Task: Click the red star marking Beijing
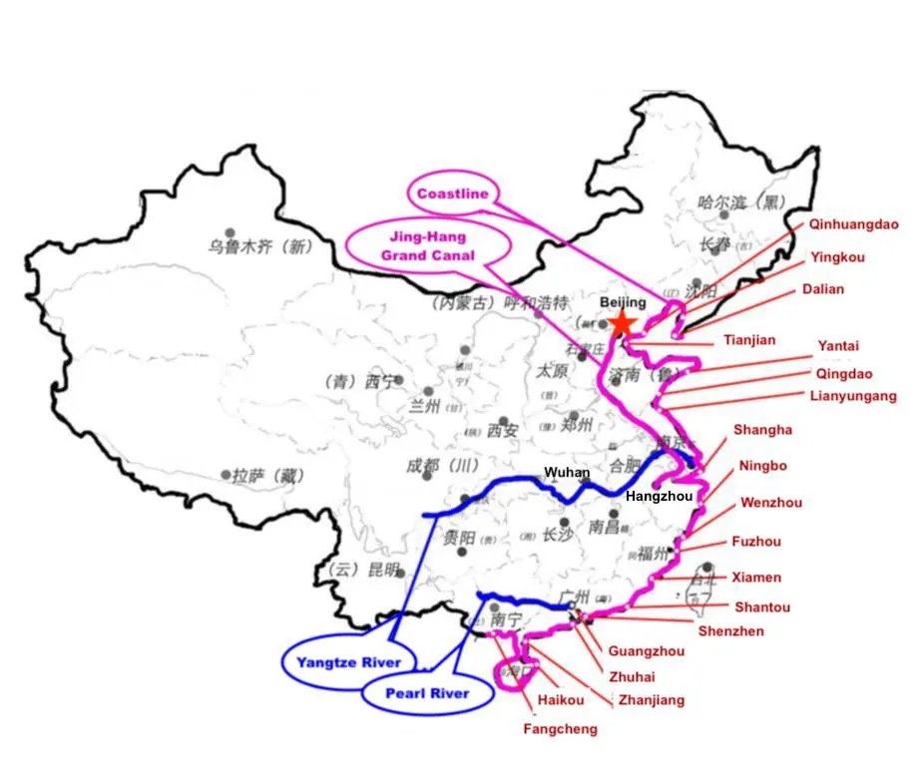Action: pos(623,322)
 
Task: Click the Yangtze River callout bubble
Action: pos(348,662)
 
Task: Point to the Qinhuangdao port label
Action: pos(853,224)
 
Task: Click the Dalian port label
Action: pos(822,289)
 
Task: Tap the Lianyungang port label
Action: pos(853,396)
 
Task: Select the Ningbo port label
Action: pos(762,466)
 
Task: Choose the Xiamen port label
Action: pos(756,578)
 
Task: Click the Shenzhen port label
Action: pos(730,631)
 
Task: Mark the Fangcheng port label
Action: pos(560,729)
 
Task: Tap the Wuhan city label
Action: pos(566,473)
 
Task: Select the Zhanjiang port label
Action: pos(651,700)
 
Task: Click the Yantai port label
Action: pos(838,346)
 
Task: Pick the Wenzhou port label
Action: pos(770,503)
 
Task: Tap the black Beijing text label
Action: pos(624,302)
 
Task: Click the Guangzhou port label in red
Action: pos(646,652)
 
